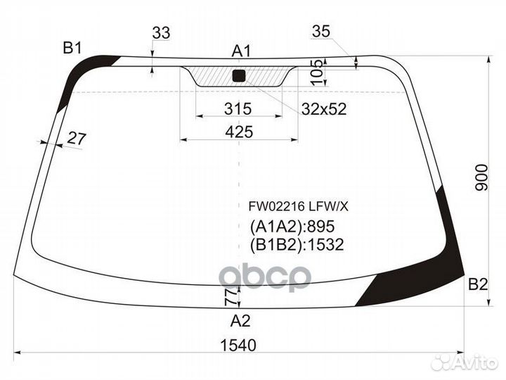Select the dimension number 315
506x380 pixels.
(238, 109)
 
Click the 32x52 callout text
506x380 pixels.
(324, 109)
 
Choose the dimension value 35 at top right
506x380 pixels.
(320, 31)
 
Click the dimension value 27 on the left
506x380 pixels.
(76, 139)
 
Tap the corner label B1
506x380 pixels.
(72, 48)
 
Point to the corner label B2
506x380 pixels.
(478, 285)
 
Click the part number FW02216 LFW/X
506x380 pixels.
(297, 207)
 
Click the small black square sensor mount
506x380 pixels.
(238, 76)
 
